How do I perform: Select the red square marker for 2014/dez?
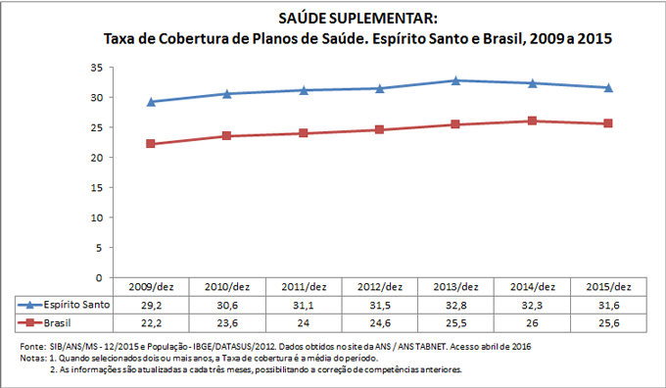532,121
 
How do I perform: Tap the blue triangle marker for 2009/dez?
150,102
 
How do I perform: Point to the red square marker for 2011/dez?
303,132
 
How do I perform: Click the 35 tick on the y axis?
95,67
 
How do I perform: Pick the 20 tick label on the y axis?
95,158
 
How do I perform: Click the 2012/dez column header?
379,287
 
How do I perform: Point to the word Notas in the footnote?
31,359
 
